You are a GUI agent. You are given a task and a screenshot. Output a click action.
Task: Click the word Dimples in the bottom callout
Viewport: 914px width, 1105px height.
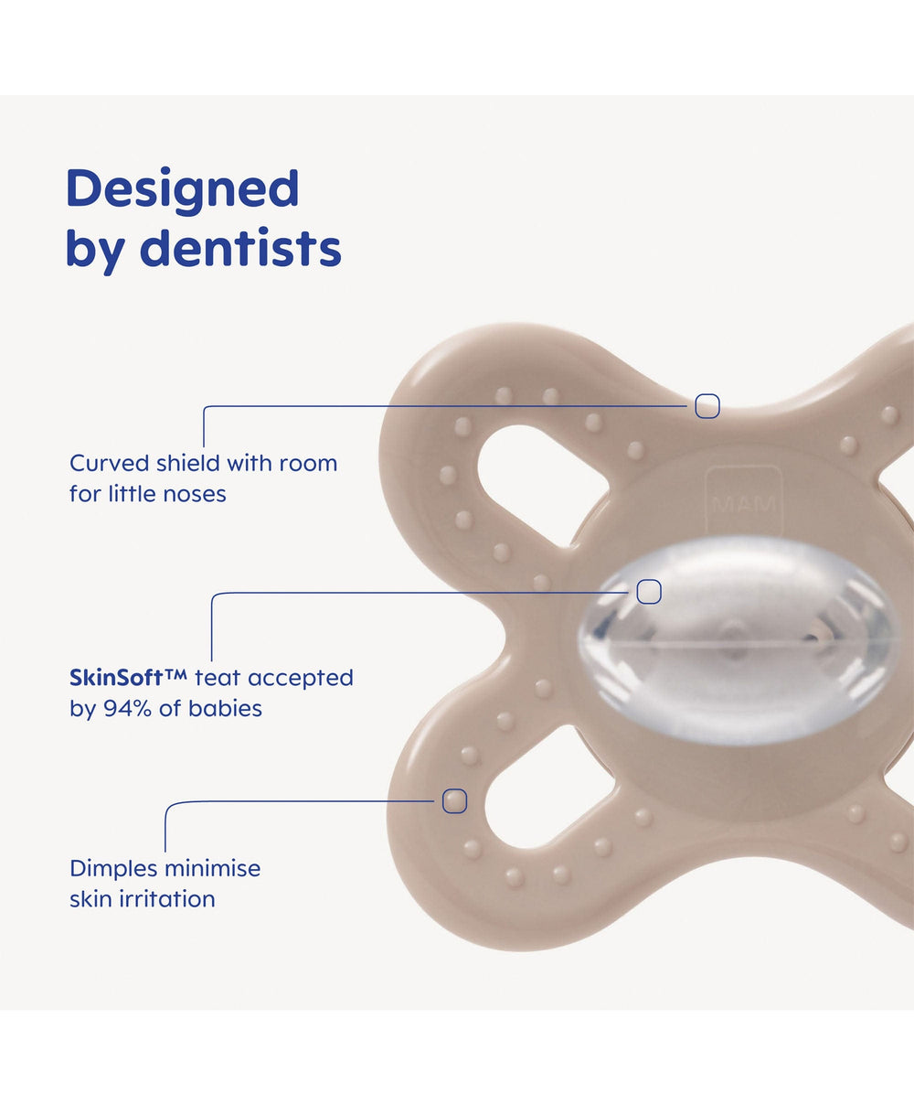(x=113, y=869)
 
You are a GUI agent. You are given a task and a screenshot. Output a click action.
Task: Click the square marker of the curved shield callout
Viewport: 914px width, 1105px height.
(x=707, y=406)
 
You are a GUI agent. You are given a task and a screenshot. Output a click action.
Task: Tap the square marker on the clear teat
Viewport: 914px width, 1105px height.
(x=648, y=592)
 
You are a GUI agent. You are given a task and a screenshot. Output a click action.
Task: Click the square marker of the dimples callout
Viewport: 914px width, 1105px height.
(x=454, y=800)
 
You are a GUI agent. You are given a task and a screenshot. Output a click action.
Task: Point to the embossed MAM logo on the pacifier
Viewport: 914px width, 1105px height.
(x=744, y=504)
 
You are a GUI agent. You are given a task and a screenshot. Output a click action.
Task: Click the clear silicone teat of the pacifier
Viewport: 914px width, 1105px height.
(x=738, y=641)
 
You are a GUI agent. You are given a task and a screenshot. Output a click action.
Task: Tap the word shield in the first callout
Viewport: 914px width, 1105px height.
(x=187, y=464)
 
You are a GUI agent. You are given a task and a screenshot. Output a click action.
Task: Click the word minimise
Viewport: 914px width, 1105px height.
(x=213, y=869)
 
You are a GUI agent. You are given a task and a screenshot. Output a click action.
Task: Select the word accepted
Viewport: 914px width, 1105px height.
(x=301, y=679)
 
